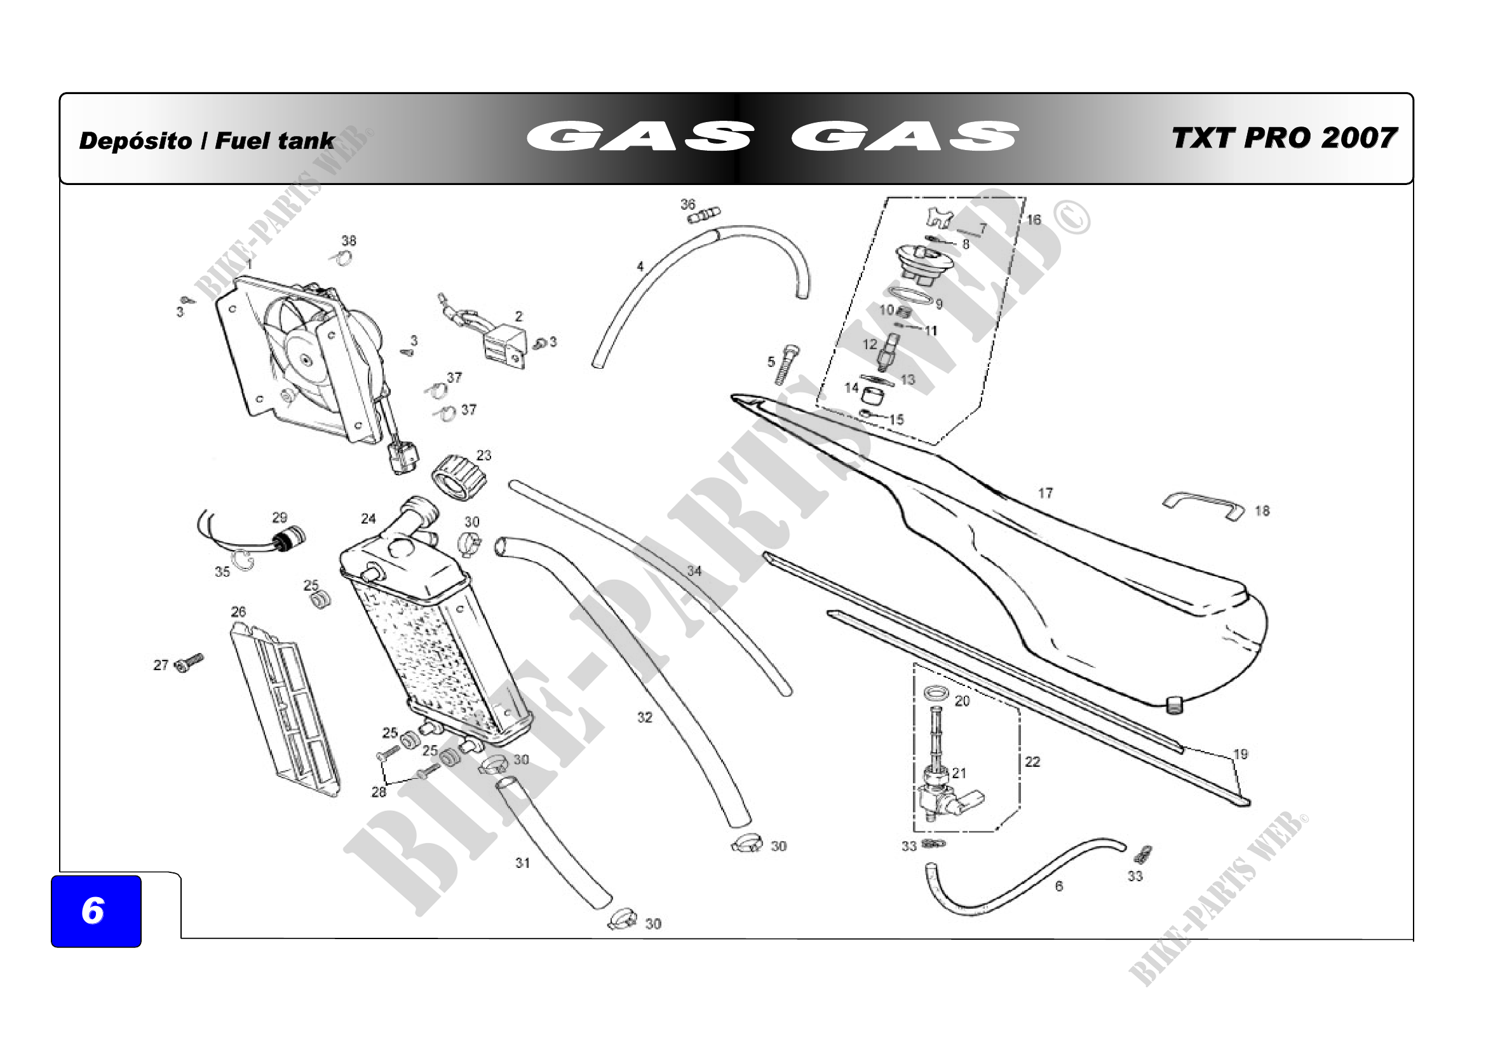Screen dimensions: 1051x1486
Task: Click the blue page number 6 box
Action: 96,910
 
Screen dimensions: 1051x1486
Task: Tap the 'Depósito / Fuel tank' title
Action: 206,141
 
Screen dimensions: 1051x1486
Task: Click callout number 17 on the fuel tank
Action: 1045,493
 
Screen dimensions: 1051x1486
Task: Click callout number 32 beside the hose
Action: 645,717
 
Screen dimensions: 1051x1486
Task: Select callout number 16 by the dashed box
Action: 1034,220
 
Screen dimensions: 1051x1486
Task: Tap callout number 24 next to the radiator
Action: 368,519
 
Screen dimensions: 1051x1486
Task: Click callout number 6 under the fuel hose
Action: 1059,886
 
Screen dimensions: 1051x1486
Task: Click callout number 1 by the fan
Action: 249,265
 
